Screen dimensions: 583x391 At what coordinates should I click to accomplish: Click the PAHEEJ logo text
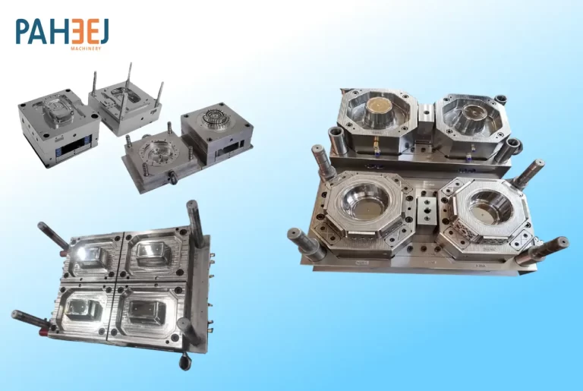tap(62, 32)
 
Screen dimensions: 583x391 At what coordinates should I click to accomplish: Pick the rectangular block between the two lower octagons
tap(427, 210)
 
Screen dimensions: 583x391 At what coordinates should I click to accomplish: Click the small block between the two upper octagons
tap(426, 116)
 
